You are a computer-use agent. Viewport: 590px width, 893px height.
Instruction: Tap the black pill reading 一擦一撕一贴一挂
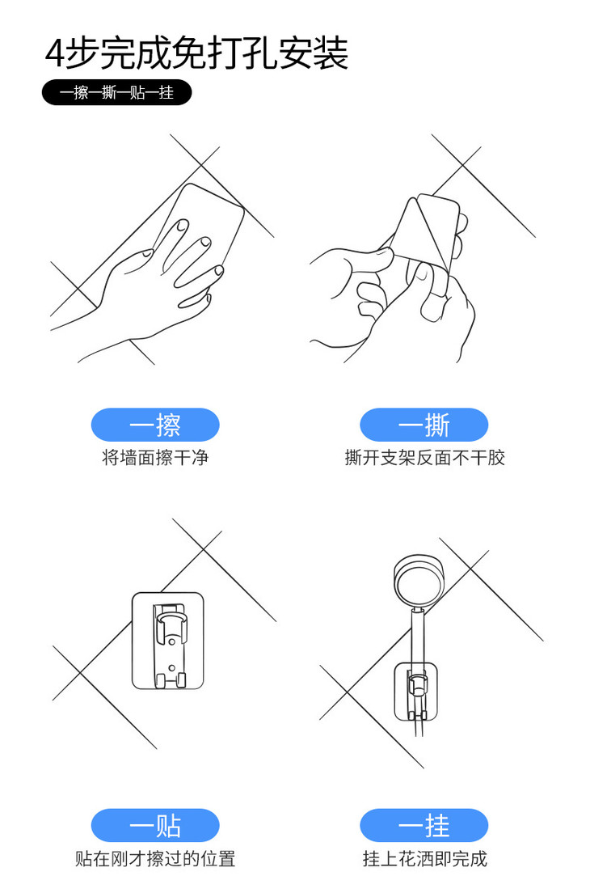116,91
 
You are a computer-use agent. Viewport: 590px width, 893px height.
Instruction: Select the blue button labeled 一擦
154,425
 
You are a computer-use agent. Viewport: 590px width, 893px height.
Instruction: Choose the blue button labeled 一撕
424,425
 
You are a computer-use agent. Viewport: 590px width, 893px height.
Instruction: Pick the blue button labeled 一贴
154,825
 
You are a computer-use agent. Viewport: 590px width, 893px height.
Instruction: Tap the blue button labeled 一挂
424,825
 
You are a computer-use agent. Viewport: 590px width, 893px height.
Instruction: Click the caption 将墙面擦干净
155,457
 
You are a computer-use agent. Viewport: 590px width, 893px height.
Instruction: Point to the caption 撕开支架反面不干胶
424,457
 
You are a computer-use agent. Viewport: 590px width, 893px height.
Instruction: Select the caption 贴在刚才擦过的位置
155,858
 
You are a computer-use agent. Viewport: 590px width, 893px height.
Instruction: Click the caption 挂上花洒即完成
424,858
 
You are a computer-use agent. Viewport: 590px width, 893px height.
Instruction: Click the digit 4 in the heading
56,54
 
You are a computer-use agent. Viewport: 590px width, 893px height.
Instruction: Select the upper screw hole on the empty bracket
171,642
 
